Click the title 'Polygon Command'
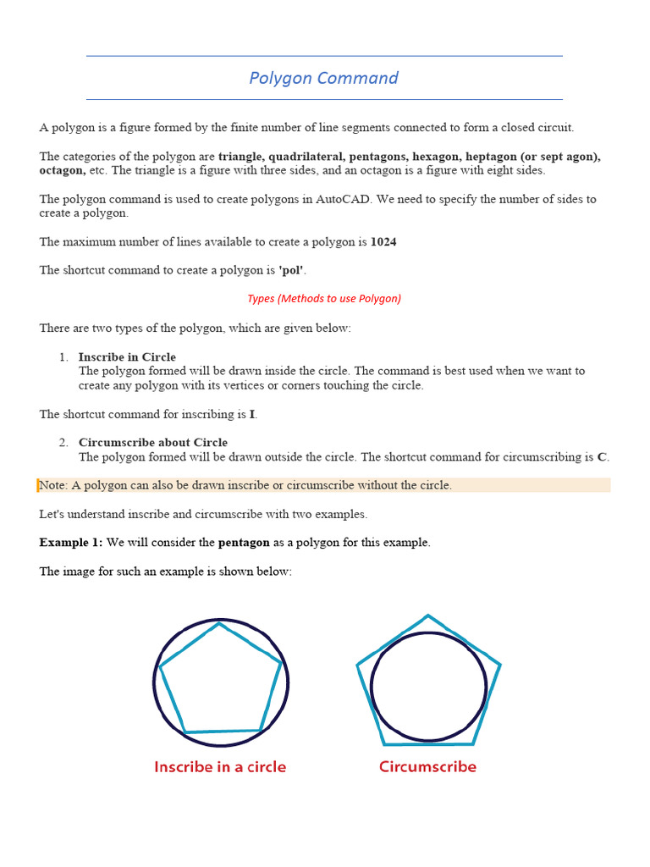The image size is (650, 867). [x=323, y=78]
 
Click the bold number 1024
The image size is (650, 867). [x=383, y=242]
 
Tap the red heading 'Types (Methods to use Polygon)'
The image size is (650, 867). [x=324, y=298]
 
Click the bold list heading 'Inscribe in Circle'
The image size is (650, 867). [x=127, y=357]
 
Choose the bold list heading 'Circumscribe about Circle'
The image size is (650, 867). [x=153, y=443]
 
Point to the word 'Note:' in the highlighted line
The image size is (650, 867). [x=54, y=485]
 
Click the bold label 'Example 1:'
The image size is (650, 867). [x=71, y=542]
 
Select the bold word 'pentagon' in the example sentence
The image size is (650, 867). [x=244, y=542]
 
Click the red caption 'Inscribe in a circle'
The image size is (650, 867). [x=220, y=767]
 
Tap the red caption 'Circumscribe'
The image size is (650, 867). [x=427, y=767]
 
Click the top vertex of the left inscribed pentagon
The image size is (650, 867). [x=220, y=624]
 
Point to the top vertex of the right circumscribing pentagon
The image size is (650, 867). [x=428, y=616]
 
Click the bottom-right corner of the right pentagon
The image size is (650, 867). [x=473, y=744]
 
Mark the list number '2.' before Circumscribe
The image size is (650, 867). [x=64, y=443]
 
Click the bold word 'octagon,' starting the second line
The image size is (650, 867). [x=62, y=170]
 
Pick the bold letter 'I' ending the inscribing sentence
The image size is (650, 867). [x=252, y=415]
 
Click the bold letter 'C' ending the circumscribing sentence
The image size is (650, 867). [x=602, y=457]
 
